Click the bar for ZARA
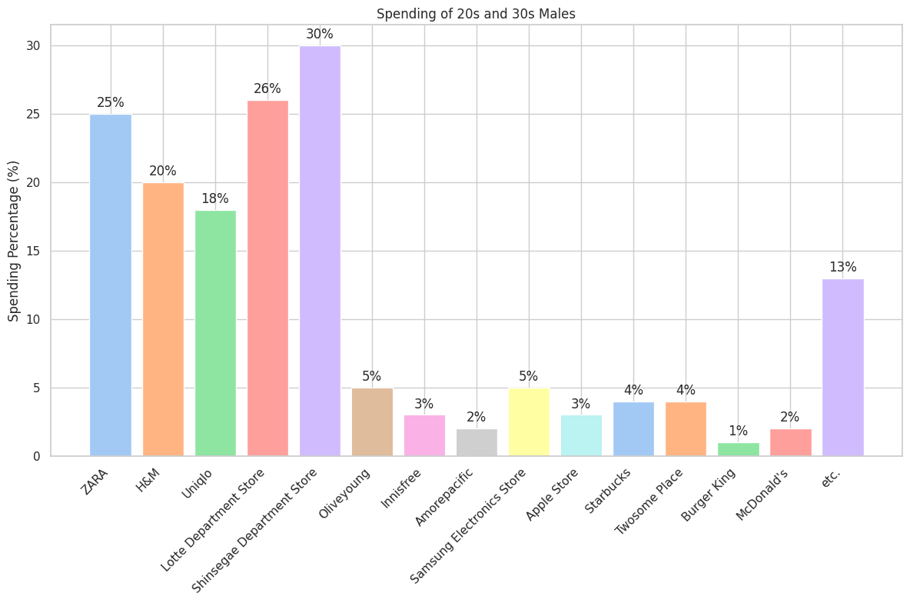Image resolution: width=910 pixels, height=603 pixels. coord(111,285)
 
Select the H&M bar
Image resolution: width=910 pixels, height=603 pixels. coord(163,319)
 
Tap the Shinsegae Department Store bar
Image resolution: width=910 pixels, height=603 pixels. coord(320,251)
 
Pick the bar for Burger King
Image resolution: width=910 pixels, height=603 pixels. coord(738,449)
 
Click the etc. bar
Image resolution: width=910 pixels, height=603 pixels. coord(842,367)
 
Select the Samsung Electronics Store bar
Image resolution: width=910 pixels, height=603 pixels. coord(529,421)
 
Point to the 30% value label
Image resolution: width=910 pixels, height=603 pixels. coord(320,34)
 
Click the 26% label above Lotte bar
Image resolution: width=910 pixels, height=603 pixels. coord(267,88)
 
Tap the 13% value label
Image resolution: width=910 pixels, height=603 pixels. coord(842,267)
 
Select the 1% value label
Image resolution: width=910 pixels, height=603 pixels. coord(738,431)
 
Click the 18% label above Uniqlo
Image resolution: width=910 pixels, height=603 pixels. coord(215,198)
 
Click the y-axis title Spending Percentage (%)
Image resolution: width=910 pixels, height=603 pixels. coord(14,241)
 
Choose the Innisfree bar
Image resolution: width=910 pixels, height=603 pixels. coord(424,435)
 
